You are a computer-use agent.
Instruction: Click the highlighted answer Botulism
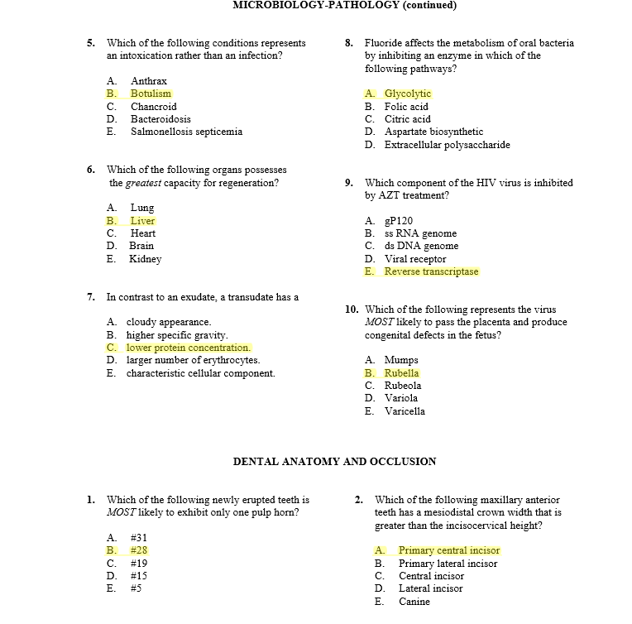coord(151,94)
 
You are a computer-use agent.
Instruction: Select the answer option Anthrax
coord(149,81)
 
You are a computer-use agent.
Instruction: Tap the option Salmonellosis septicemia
coord(186,132)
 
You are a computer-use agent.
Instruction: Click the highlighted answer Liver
coord(142,221)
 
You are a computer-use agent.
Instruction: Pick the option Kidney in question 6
coord(146,259)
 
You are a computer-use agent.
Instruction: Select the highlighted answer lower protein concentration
coord(188,348)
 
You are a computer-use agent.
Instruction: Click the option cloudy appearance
coord(169,322)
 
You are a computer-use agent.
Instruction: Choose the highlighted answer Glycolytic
coord(407,94)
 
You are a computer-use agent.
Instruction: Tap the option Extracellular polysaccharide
coord(447,145)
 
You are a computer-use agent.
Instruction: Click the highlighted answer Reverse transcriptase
coord(431,271)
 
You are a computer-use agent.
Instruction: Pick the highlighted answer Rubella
coord(401,373)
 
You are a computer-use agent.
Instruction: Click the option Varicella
coord(405,411)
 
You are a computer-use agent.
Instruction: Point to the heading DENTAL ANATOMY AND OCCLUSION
coord(334,461)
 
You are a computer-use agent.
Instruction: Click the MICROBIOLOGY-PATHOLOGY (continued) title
coord(344,5)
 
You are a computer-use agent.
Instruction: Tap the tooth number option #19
coord(138,564)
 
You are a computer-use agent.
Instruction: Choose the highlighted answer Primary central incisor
coord(448,550)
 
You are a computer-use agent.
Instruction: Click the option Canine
coord(414,602)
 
